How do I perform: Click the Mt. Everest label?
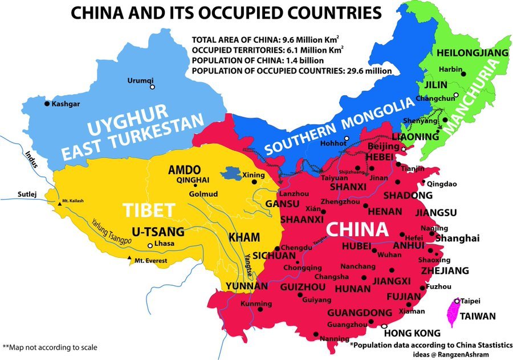coord(151,261)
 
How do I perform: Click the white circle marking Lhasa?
coord(150,245)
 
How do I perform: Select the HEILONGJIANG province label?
coord(472,53)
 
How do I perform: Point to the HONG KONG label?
coord(412,333)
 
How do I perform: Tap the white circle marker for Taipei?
coord(457,301)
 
